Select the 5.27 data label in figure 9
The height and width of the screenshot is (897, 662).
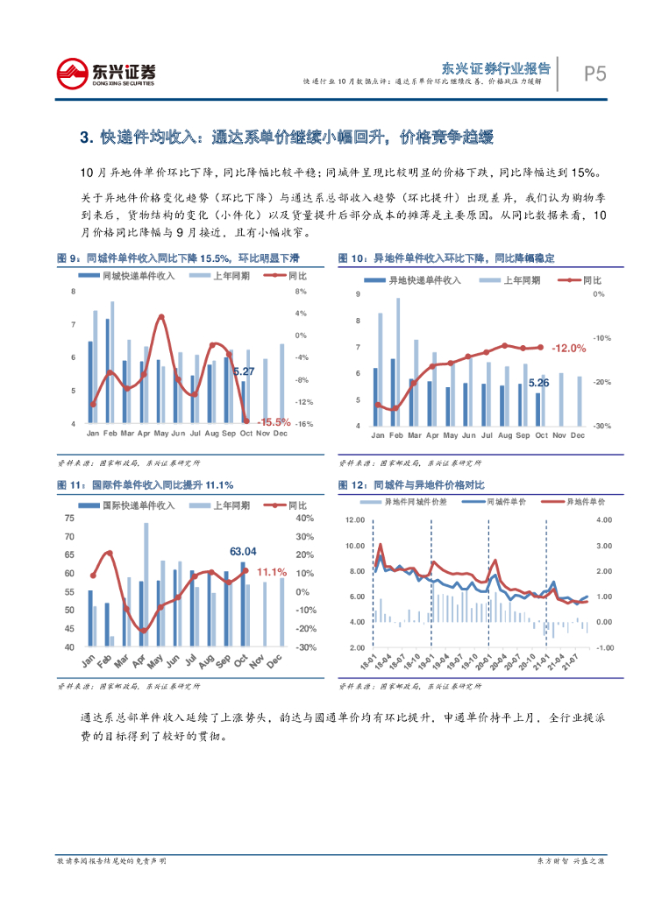244,372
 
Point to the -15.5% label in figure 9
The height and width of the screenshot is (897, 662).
273,422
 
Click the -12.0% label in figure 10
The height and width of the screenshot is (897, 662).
568,348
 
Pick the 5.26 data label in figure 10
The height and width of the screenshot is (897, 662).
538,383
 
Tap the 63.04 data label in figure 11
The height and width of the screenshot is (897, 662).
243,551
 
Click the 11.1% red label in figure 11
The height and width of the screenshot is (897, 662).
272,572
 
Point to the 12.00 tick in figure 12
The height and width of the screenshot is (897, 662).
354,520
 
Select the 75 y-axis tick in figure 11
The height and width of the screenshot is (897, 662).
69,519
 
